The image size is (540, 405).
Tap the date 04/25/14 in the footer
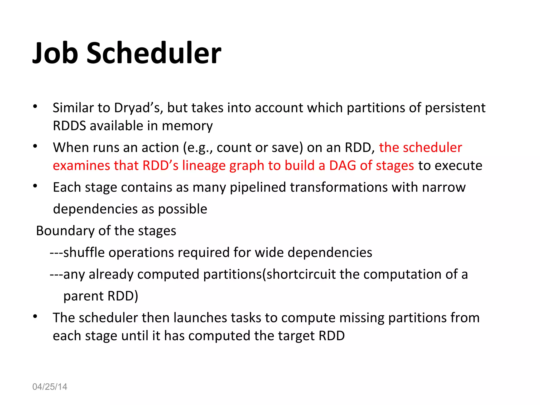(x=50, y=387)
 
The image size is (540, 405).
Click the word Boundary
(x=65, y=231)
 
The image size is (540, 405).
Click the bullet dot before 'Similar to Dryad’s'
(x=35, y=107)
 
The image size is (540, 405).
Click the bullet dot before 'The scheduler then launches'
(x=35, y=317)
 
